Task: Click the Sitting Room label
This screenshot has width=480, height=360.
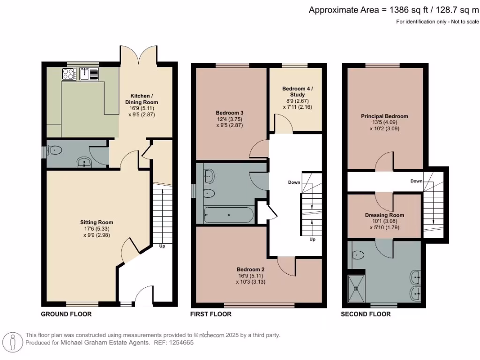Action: coord(96,222)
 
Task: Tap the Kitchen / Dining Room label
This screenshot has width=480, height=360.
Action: coord(141,99)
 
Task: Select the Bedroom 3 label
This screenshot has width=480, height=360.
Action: coord(229,113)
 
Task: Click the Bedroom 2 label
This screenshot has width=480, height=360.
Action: coord(251,270)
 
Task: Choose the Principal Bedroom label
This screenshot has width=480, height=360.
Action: coord(384,116)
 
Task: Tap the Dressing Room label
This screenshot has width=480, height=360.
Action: coord(384,215)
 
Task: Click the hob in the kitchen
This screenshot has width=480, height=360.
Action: coord(69,74)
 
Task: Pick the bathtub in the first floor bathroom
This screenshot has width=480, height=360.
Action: coord(229,216)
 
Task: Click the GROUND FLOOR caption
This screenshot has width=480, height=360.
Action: coord(66,314)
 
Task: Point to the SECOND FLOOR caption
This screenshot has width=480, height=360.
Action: coord(366,314)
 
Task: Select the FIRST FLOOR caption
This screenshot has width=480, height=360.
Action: coord(211,314)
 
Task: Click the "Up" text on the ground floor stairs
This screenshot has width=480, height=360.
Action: coord(162,246)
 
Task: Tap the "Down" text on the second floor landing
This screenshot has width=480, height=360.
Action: coord(416,181)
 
